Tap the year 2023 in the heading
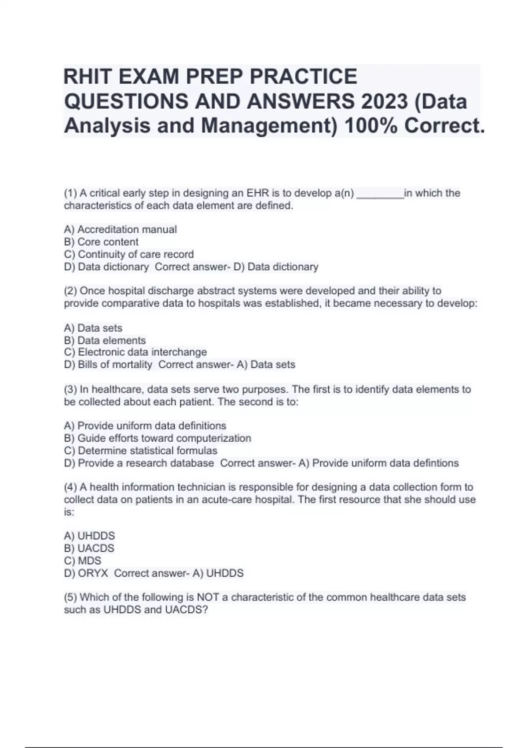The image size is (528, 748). tap(385, 102)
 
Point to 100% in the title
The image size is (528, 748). tap(370, 126)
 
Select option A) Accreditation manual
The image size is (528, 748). tap(120, 230)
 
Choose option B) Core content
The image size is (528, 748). tap(101, 242)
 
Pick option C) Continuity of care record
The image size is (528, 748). tap(128, 254)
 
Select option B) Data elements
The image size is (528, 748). tap(105, 341)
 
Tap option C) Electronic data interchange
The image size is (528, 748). tap(135, 352)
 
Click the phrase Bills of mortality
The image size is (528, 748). tap(115, 365)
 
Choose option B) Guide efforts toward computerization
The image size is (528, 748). tap(158, 438)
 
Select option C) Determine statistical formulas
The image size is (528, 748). tap(140, 451)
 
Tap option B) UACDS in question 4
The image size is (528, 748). tap(89, 548)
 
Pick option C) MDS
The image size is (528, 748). tap(82, 561)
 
